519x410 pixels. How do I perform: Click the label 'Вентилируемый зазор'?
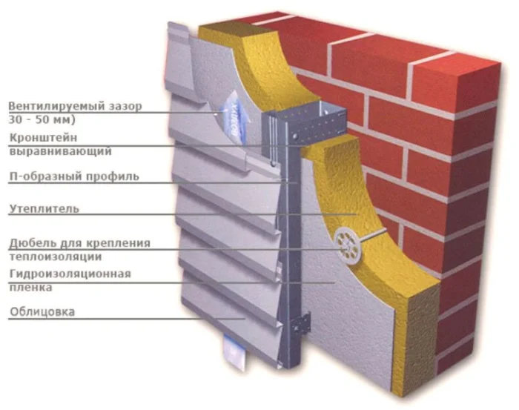click(74, 107)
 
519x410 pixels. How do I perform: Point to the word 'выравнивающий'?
click(60, 151)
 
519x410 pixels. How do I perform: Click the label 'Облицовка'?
click(42, 312)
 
